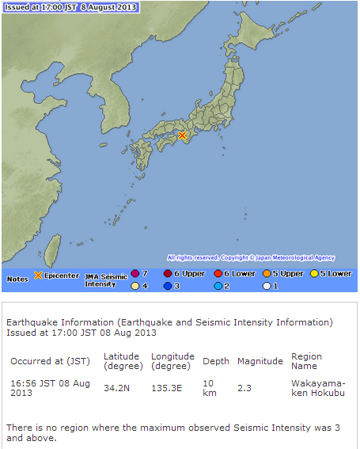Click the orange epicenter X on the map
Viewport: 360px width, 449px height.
point(183,135)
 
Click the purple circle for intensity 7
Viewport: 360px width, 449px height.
point(135,273)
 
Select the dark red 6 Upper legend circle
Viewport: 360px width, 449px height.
point(169,273)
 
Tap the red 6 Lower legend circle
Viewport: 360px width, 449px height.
point(218,273)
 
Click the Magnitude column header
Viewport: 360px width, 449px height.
point(260,361)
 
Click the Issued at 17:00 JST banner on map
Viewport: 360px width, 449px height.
point(70,7)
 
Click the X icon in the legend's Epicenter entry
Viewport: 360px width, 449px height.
point(37,276)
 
